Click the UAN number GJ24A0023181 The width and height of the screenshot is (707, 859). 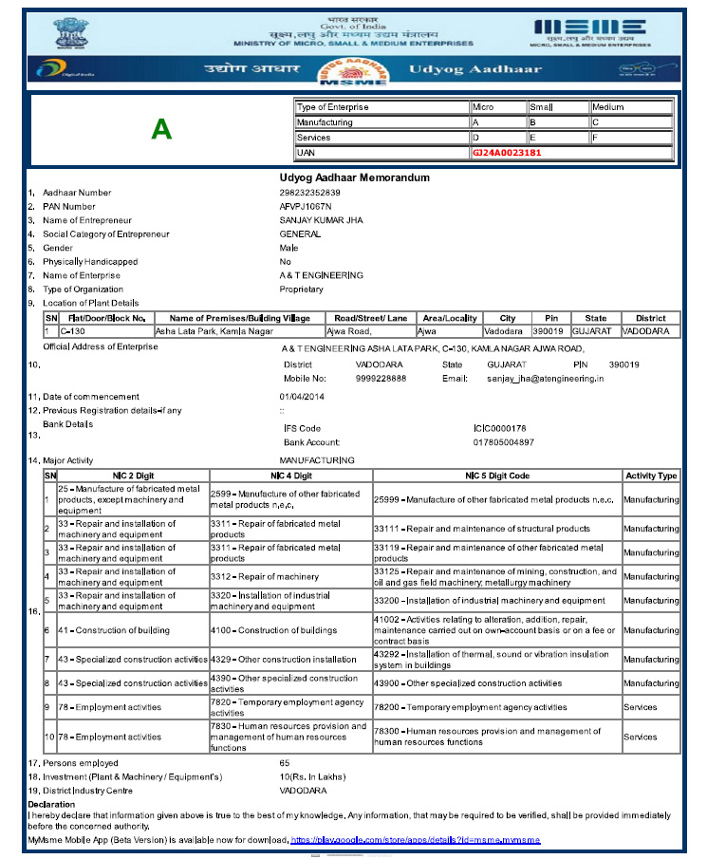(507, 152)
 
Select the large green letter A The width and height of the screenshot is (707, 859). (161, 130)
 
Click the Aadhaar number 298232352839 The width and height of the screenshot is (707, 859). (309, 193)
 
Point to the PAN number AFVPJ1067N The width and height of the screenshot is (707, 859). (306, 207)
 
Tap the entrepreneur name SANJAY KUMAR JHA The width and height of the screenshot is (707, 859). (321, 220)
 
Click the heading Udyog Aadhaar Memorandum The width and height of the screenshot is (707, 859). (355, 177)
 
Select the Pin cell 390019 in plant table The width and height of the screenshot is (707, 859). (549, 331)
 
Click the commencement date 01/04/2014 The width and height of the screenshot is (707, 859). (302, 396)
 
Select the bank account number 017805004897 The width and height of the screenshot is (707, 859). (503, 442)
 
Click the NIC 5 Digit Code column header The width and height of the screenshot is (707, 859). (496, 476)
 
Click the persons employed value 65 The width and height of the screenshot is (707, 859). (285, 763)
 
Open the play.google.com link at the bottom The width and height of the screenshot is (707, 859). (416, 840)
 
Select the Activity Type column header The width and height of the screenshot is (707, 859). (651, 476)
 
